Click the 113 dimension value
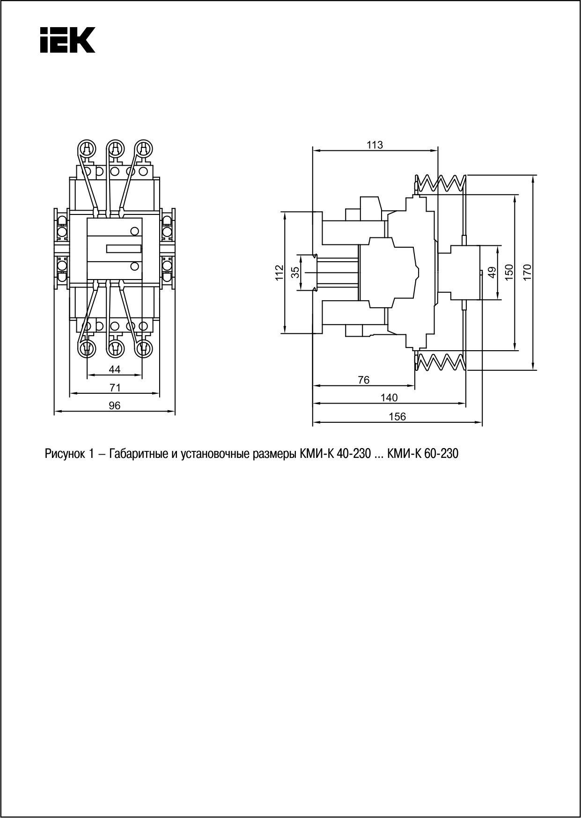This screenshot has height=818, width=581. (x=375, y=145)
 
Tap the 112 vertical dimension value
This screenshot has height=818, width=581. (x=279, y=273)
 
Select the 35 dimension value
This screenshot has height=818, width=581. (x=295, y=273)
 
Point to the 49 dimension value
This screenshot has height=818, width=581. (x=492, y=272)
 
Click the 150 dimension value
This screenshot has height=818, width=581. (x=509, y=272)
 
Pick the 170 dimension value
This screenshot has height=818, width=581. (x=527, y=272)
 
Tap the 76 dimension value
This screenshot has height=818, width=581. (x=363, y=380)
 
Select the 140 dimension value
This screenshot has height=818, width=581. (x=389, y=398)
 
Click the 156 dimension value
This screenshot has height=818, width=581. (x=397, y=416)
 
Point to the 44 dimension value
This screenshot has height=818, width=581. (x=115, y=369)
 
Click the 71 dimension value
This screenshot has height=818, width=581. (x=115, y=388)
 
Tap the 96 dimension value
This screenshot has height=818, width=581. (x=115, y=405)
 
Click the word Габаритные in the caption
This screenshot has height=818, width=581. (x=136, y=454)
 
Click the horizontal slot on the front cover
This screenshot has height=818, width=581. (x=124, y=248)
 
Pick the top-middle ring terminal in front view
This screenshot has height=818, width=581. (x=115, y=149)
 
